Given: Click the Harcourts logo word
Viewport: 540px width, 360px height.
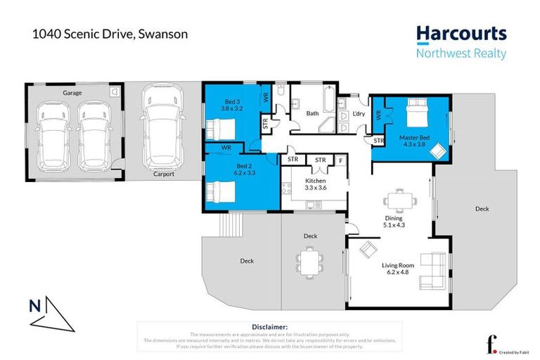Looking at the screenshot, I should (x=461, y=34).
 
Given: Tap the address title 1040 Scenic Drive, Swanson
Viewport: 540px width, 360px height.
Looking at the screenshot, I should (x=110, y=33).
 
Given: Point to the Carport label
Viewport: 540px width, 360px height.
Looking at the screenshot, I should (x=165, y=176).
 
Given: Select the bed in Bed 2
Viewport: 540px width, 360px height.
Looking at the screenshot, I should (x=221, y=190).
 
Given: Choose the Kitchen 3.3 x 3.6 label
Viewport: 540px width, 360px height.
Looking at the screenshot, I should (x=314, y=184).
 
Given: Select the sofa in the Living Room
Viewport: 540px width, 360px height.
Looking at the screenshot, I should (x=432, y=271).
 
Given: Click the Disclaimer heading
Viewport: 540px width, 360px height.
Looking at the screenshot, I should (x=269, y=327).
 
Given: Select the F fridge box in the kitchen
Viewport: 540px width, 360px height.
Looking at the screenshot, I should (x=341, y=160).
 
